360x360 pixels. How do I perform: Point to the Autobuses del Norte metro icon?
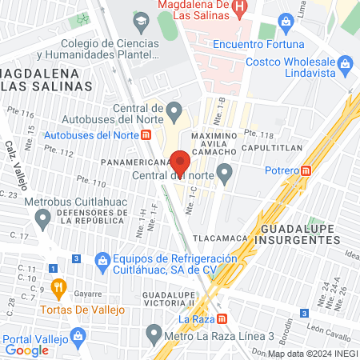[x=146, y=134]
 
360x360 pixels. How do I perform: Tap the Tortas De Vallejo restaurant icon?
[x=58, y=287]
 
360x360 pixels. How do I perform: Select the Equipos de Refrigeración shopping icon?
[x=102, y=260]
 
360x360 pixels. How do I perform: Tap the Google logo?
[x=26, y=350]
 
